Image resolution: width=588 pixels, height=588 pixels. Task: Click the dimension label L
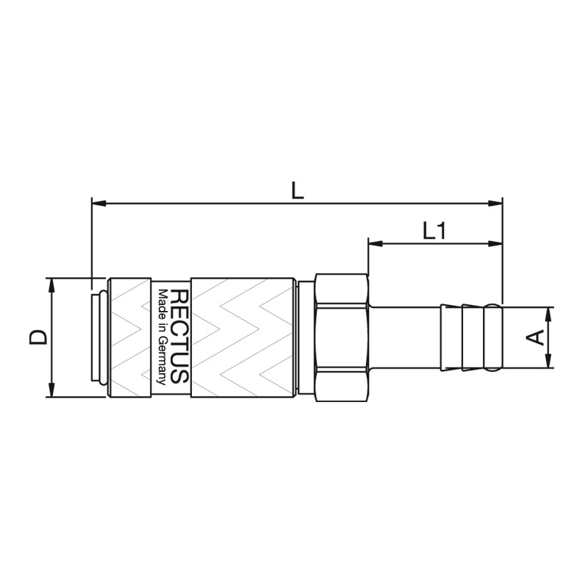click(298, 191)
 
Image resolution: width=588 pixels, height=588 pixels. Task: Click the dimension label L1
click(434, 231)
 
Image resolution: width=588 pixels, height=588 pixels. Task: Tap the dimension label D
click(38, 337)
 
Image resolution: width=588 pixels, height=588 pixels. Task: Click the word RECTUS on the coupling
click(179, 337)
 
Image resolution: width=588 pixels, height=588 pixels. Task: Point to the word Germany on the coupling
click(162, 360)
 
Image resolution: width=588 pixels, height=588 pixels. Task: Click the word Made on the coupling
click(162, 302)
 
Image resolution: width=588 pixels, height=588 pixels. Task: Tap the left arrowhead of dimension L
click(99, 204)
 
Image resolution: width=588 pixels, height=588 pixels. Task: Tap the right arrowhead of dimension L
click(495, 204)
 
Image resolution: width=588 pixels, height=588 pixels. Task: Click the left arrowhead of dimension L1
click(376, 244)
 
